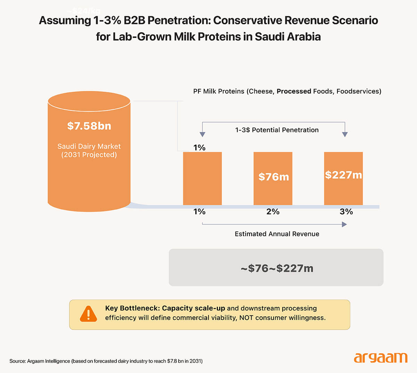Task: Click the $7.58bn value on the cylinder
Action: coord(89,126)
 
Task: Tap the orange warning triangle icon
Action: coord(89,314)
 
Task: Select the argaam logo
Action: coord(381,358)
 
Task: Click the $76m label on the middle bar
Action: coord(273,177)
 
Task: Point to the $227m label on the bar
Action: coord(343,175)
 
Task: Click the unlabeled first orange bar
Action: coord(202,179)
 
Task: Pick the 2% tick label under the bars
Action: coord(273,212)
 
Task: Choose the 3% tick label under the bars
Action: coord(346,212)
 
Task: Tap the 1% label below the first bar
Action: coord(199,212)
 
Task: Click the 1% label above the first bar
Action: coord(199,148)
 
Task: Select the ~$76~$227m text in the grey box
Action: coord(277,268)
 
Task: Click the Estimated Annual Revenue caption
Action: coord(277,234)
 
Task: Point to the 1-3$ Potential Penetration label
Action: coord(277,130)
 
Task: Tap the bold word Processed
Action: coord(294,91)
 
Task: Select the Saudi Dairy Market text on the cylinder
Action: coord(89,147)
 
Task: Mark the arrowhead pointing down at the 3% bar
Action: coord(345,134)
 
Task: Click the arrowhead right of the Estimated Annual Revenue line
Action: coord(344,224)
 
